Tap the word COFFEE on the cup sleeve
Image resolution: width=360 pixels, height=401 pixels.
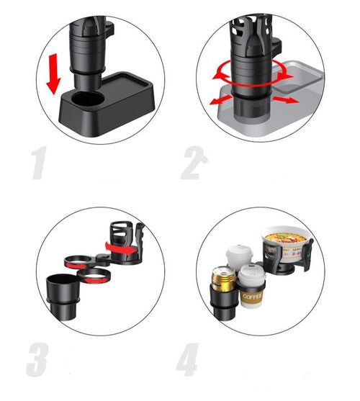[x=252, y=294]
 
